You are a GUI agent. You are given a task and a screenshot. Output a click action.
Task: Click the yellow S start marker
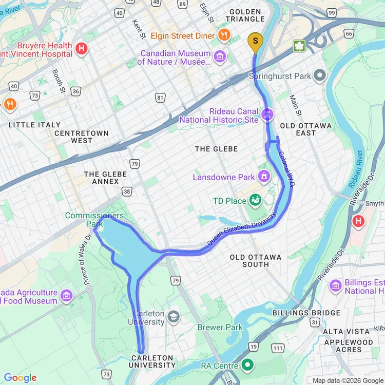[255, 42]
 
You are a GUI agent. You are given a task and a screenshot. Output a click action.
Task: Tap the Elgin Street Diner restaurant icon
[224, 35]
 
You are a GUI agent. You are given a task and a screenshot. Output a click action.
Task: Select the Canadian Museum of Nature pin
[220, 55]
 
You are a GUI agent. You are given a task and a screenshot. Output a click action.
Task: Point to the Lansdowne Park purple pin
[264, 177]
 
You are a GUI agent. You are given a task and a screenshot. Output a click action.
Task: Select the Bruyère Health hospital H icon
[81, 49]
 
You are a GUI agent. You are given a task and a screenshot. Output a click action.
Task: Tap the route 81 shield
[161, 98]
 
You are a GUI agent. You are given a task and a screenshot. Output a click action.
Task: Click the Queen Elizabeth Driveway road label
[241, 229]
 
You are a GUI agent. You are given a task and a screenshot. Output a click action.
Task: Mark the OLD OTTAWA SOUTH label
[256, 260]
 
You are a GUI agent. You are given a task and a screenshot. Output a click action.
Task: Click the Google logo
[20, 378]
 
